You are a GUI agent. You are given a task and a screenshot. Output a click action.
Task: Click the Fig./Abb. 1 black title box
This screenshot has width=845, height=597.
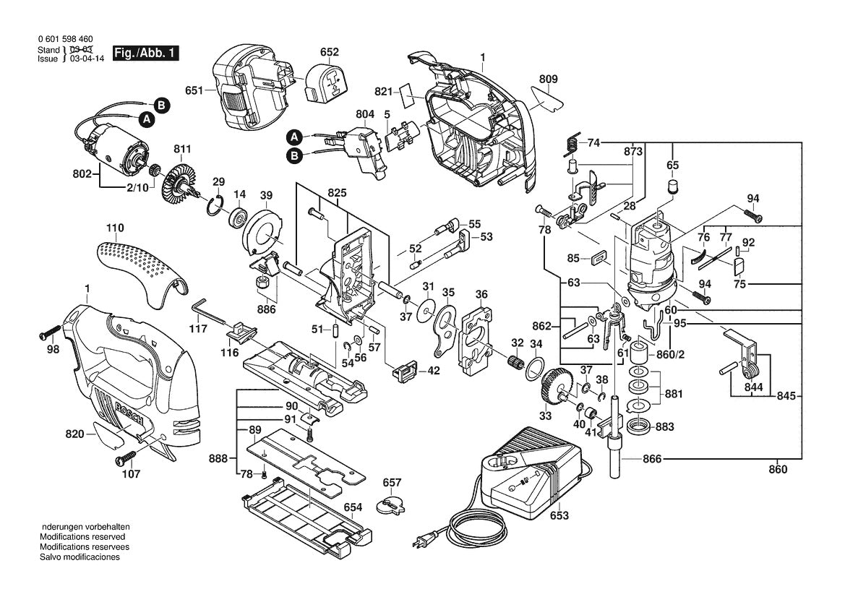click(145, 53)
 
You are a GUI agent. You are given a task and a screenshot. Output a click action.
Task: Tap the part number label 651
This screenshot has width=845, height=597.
click(193, 91)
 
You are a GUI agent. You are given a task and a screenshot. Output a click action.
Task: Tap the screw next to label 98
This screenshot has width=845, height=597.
click(50, 335)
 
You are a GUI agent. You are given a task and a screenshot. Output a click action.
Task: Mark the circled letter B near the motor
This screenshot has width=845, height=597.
click(162, 106)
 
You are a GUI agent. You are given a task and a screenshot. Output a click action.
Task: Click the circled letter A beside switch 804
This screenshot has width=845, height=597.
click(293, 136)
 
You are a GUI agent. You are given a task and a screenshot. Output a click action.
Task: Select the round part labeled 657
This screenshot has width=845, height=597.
click(390, 504)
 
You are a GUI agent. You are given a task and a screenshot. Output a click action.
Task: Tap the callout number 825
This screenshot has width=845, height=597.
click(337, 194)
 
